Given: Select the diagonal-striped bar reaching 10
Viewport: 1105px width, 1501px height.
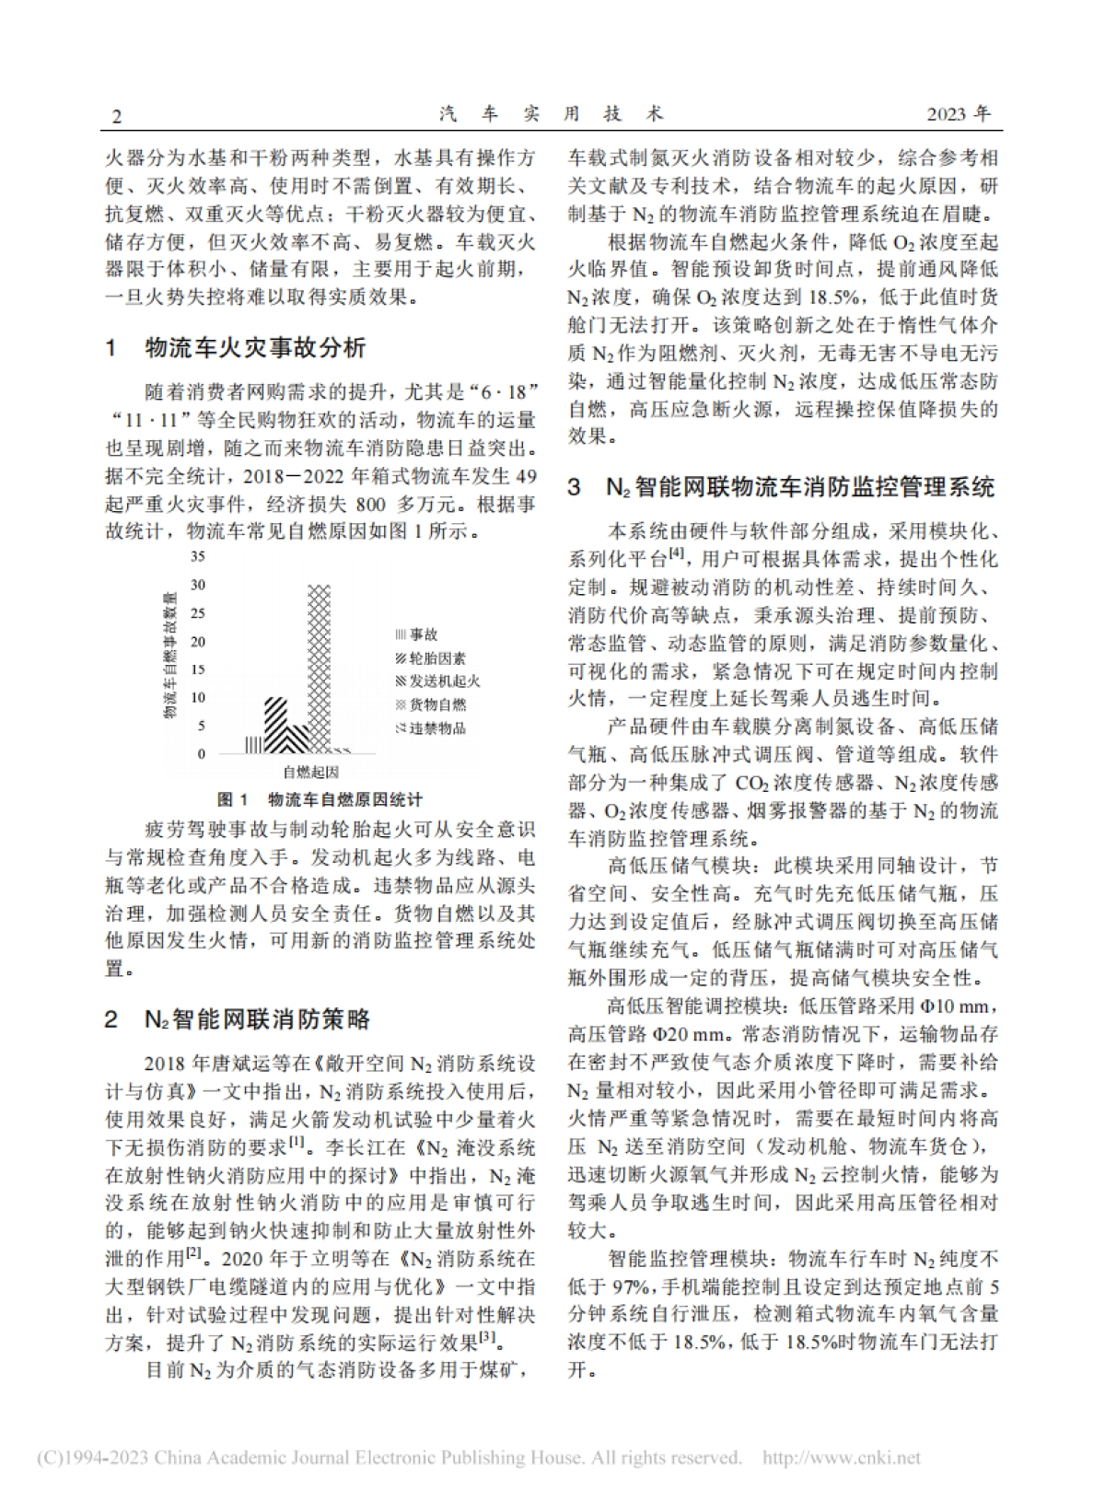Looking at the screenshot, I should pyautogui.click(x=274, y=727).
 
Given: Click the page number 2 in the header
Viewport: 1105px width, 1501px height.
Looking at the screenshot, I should pyautogui.click(x=115, y=116).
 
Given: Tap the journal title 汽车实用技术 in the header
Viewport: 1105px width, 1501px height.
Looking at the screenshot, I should pyautogui.click(x=552, y=114).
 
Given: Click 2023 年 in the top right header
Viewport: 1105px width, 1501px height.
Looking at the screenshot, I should pyautogui.click(x=959, y=114).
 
